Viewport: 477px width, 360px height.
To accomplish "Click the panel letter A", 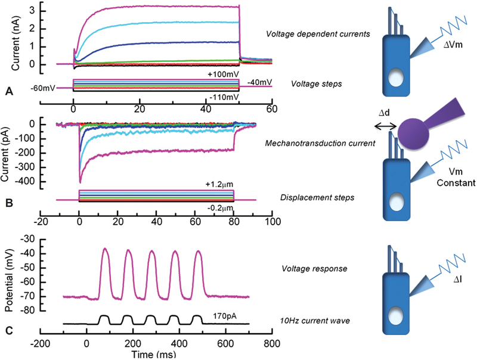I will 8,91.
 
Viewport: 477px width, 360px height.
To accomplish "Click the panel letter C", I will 8,330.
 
